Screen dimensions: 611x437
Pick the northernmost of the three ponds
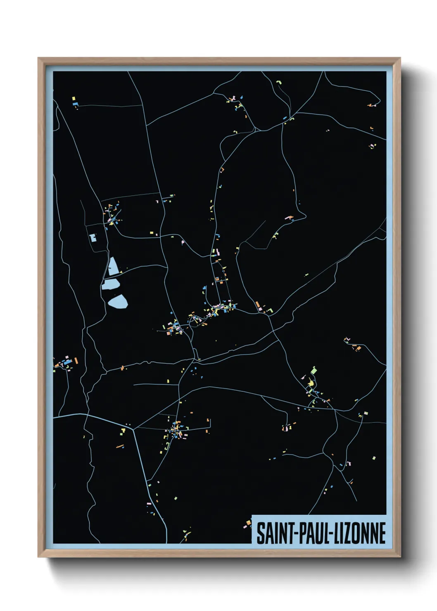(x=113, y=267)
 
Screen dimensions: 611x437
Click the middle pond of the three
(x=110, y=284)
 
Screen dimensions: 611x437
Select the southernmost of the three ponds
(x=118, y=302)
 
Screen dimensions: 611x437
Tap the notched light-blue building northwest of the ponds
(x=93, y=238)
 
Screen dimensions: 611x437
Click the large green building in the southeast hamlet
(x=313, y=370)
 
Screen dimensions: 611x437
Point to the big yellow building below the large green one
(x=310, y=384)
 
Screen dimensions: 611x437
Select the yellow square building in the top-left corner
(x=74, y=99)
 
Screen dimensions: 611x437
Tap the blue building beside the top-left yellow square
(x=75, y=104)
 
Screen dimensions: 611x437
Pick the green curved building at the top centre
(x=279, y=83)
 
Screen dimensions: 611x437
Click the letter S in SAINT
(x=260, y=533)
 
